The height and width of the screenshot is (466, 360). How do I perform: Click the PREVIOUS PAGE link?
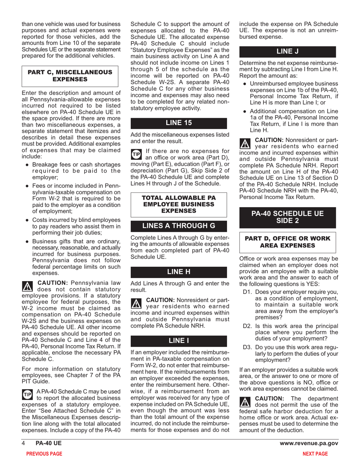pyautogui.click(x=44, y=453)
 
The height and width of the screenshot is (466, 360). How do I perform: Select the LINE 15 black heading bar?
pyautogui.click(x=179, y=123)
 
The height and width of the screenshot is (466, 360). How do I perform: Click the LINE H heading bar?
pyautogui.click(x=179, y=272)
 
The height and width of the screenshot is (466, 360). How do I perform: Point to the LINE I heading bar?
pyautogui.click(x=179, y=341)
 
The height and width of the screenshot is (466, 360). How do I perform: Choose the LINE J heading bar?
pyautogui.click(x=288, y=51)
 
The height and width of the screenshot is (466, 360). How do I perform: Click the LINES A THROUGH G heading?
pyautogui.click(x=179, y=226)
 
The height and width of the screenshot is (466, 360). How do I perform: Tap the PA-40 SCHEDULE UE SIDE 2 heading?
pyautogui.click(x=288, y=217)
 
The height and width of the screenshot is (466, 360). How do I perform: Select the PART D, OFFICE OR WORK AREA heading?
pyautogui.click(x=288, y=242)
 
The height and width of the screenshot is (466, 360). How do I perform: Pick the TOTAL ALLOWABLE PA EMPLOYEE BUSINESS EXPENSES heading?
pyautogui.click(x=179, y=204)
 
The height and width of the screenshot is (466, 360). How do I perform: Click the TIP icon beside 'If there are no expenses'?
pyautogui.click(x=135, y=154)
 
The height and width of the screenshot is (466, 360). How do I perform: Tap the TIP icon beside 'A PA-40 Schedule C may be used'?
pyautogui.click(x=27, y=394)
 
